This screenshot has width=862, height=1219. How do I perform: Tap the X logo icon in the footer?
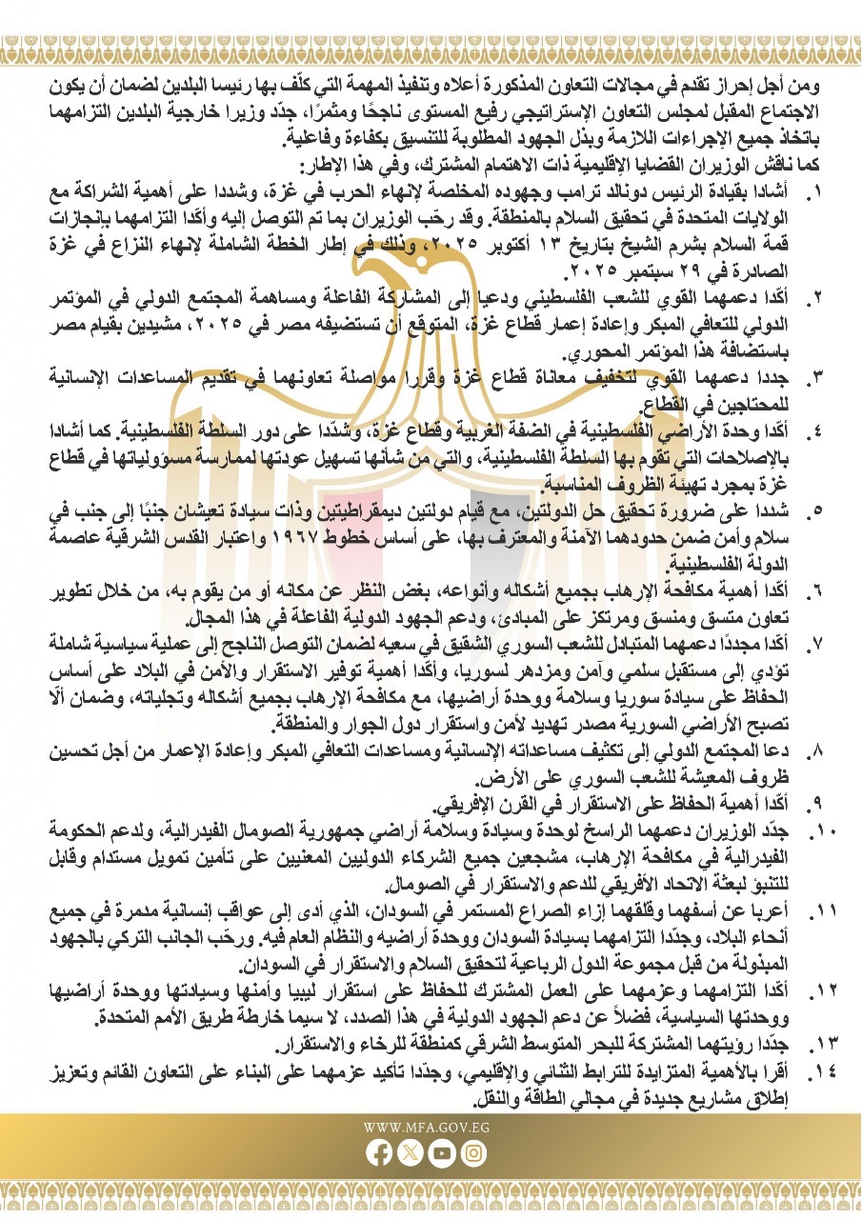tap(411, 1152)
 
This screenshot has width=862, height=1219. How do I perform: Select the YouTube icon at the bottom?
tap(442, 1152)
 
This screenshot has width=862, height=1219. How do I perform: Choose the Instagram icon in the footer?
tap(474, 1152)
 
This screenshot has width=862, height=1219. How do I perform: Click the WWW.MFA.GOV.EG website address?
tap(427, 1128)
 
